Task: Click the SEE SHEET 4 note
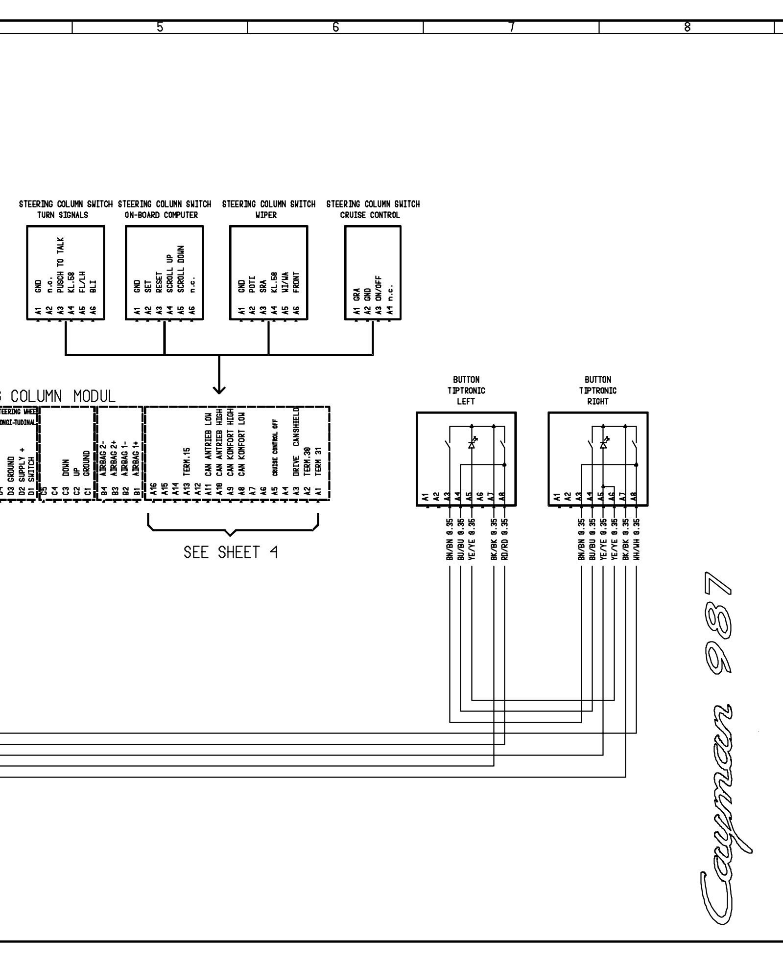click(231, 553)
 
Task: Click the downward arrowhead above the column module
click(219, 390)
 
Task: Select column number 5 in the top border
click(160, 27)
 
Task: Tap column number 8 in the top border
click(687, 27)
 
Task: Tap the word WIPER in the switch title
click(266, 215)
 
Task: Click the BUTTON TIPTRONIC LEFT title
click(466, 390)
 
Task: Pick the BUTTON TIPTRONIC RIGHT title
click(598, 390)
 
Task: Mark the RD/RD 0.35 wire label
click(505, 539)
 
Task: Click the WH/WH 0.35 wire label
click(636, 539)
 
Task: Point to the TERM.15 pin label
click(187, 461)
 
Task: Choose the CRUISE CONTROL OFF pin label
click(276, 447)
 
